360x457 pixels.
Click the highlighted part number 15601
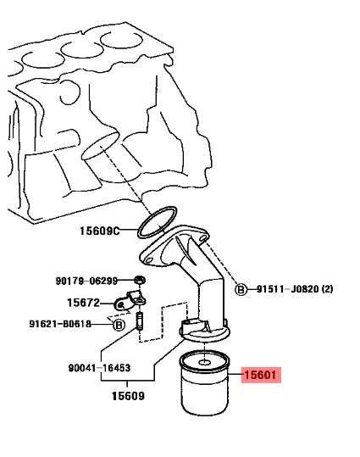(260, 375)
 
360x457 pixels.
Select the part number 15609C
(100, 231)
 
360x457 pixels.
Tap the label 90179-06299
(86, 281)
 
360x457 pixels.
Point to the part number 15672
(84, 303)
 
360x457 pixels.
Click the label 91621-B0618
(60, 324)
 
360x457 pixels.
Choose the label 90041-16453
(99, 368)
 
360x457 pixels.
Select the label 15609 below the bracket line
(128, 396)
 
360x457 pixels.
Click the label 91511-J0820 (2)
(295, 289)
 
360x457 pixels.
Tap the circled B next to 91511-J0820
(241, 289)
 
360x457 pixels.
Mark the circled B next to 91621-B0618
(119, 325)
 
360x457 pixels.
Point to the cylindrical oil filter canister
(204, 383)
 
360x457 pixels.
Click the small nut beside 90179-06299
(140, 281)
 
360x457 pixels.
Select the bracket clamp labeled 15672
(130, 300)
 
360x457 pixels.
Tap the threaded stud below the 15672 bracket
(140, 320)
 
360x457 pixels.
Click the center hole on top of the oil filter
(205, 363)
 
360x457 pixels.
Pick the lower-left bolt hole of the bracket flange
(149, 259)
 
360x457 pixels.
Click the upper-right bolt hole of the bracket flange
(202, 238)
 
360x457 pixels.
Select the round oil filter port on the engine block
(101, 146)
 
